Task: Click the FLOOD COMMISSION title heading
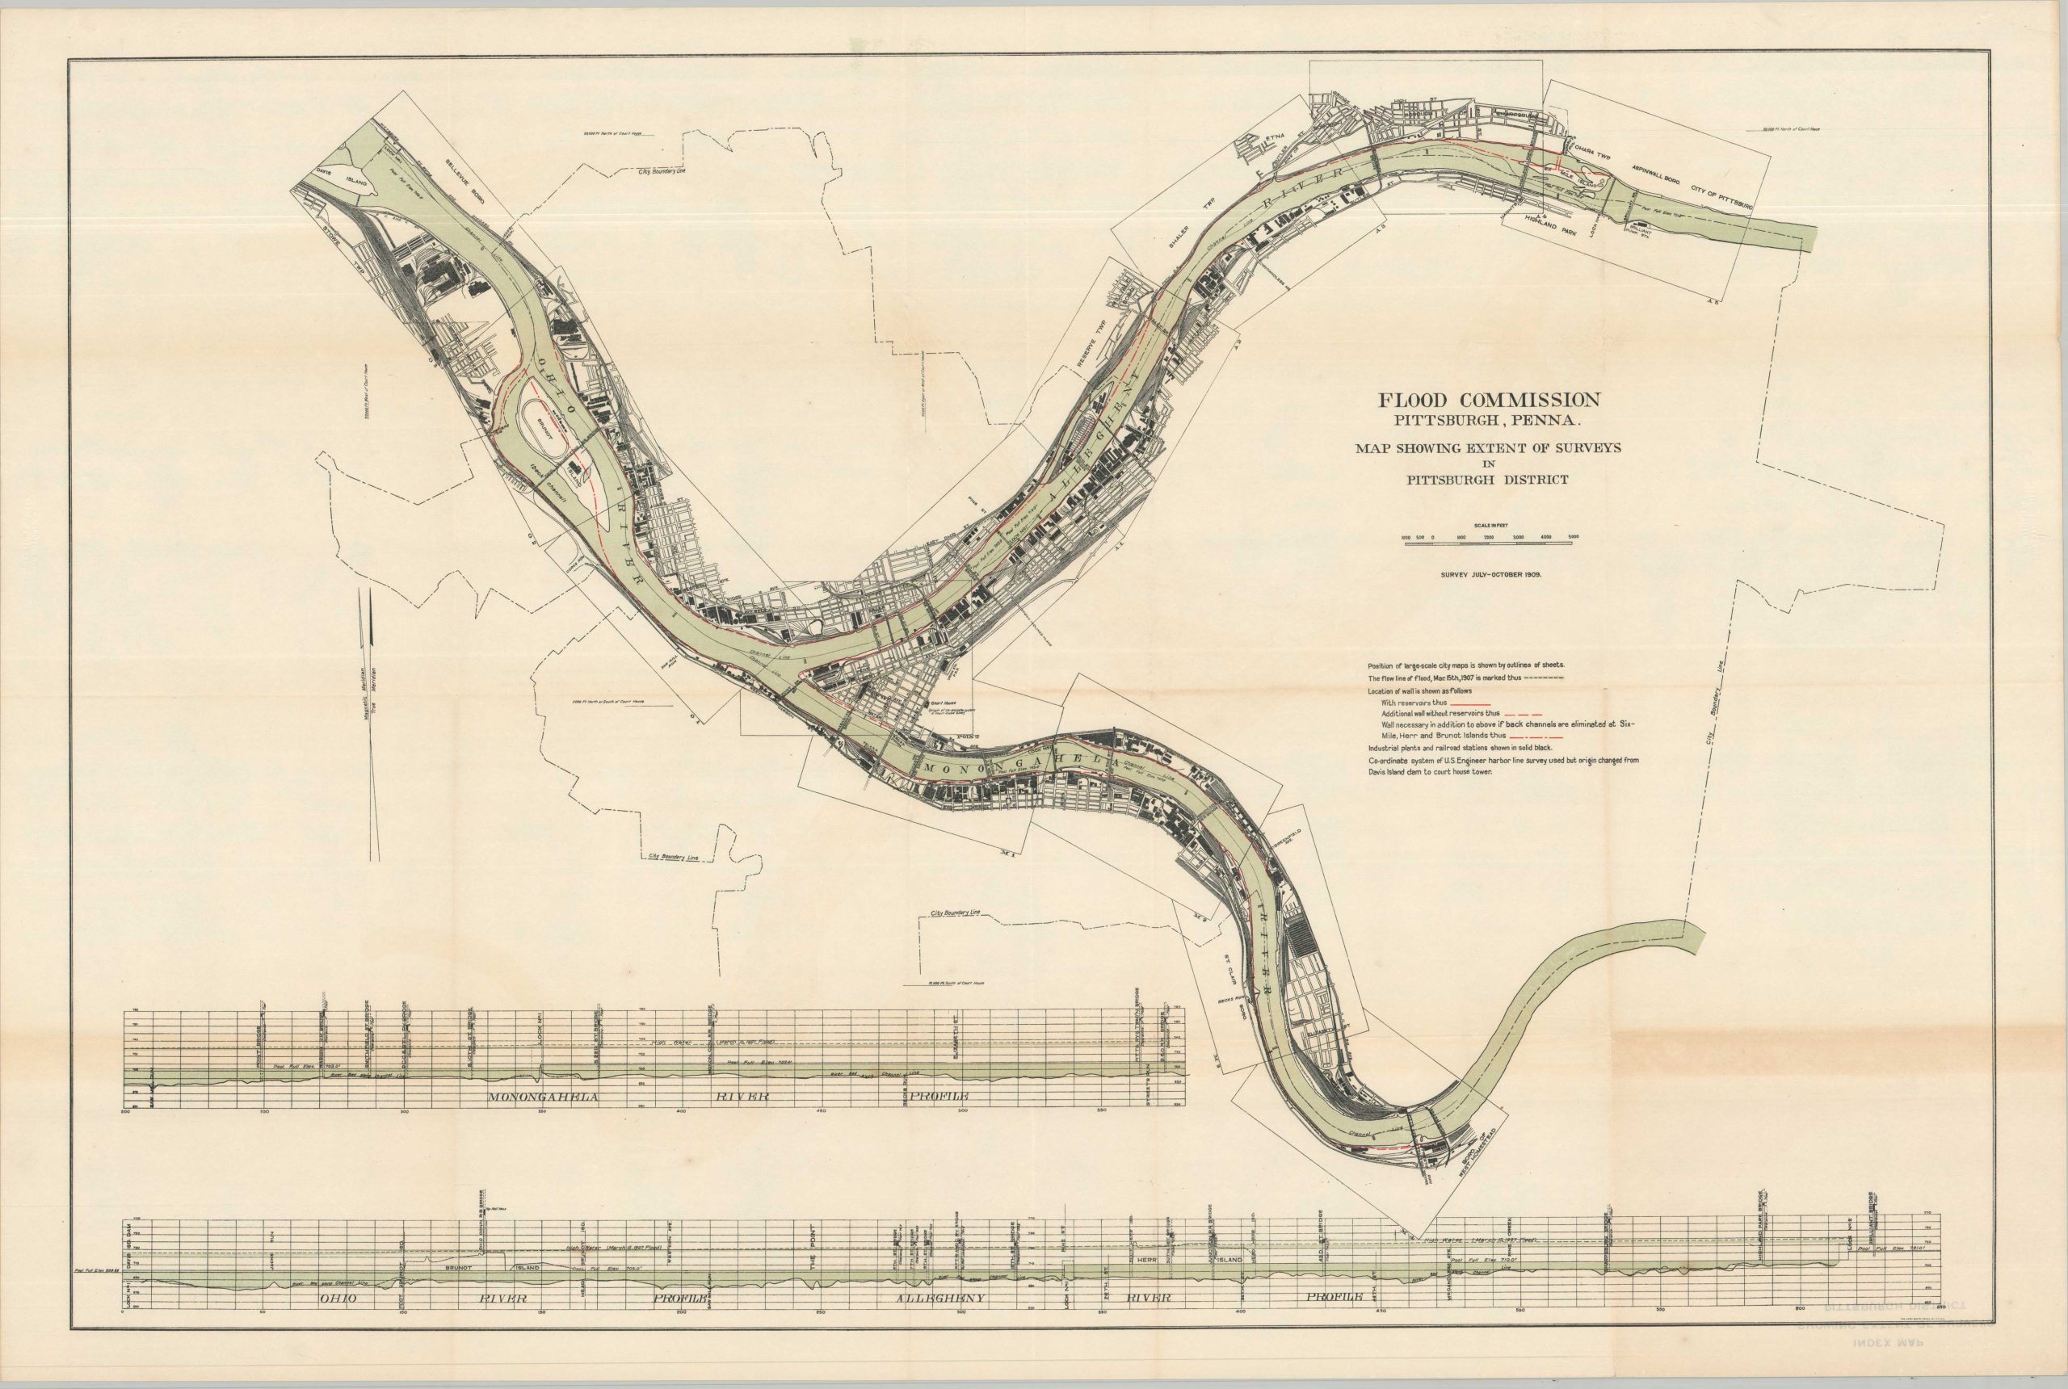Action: point(1489,401)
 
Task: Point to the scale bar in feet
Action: point(1489,542)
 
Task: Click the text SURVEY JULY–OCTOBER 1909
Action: point(1489,574)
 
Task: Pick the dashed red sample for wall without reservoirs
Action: point(1524,713)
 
